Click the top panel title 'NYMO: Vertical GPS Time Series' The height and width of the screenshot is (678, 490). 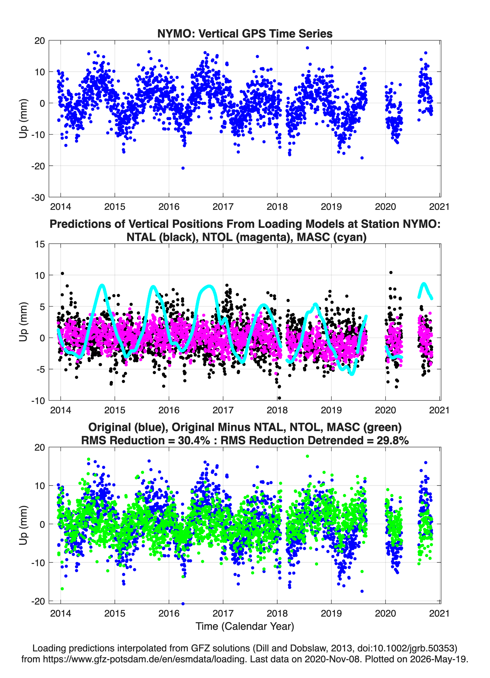[x=245, y=33]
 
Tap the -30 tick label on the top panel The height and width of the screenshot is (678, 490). [x=38, y=198]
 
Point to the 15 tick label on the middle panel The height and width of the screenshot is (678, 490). [x=40, y=244]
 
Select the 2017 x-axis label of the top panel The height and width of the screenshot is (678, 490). [x=223, y=207]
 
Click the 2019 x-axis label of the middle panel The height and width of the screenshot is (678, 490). [x=331, y=410]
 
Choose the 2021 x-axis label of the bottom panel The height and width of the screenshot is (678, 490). [x=439, y=613]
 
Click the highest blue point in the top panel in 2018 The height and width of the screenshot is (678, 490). [x=307, y=48]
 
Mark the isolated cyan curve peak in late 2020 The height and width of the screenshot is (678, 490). [x=423, y=283]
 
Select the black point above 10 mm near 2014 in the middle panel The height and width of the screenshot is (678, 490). [x=62, y=273]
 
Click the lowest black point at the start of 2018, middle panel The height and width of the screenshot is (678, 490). [x=279, y=398]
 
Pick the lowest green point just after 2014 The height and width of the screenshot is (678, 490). [x=62, y=589]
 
